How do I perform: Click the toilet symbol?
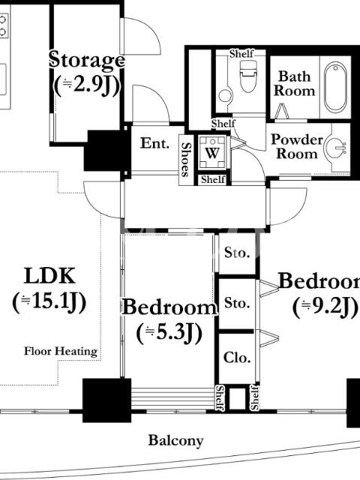248,76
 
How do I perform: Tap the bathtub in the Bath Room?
335,87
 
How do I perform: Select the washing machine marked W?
212,153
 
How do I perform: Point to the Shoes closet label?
185,160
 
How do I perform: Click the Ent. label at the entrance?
155,143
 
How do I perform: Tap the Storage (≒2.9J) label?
87,73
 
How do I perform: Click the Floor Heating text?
61,351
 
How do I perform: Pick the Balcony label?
176,440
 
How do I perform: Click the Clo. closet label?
237,357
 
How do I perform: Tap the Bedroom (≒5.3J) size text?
169,332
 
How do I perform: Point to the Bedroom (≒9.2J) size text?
325,307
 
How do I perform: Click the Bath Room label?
294,83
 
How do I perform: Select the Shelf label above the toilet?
242,54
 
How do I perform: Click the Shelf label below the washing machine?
213,179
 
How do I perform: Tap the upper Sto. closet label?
237,253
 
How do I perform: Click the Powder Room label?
297,146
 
